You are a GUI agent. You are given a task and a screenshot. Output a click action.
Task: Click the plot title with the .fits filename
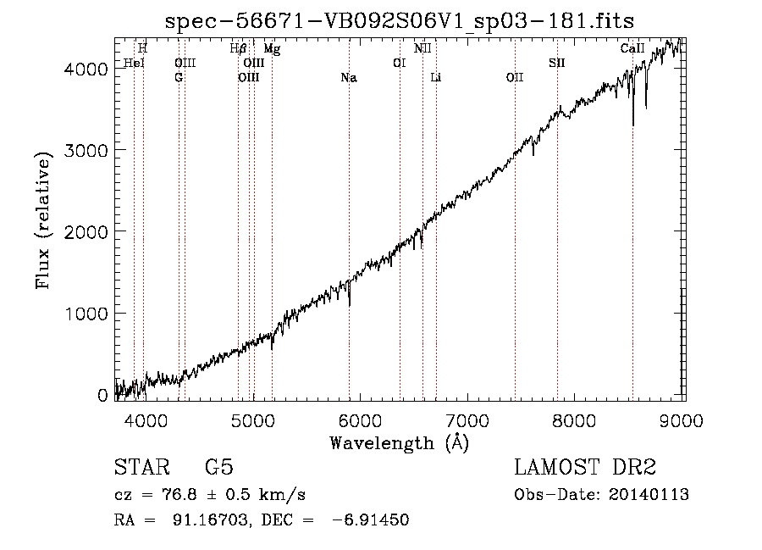tap(400, 21)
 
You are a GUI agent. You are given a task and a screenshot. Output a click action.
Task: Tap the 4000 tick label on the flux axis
tap(86, 69)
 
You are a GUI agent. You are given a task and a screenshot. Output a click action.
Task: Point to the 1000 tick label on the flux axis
tap(86, 314)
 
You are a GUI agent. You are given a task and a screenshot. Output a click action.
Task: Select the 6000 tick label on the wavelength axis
tap(360, 420)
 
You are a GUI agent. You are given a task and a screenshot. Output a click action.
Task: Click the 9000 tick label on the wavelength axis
tap(682, 420)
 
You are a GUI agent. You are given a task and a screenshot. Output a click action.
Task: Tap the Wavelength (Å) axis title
tap(400, 443)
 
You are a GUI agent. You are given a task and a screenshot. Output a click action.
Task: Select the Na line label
tap(349, 78)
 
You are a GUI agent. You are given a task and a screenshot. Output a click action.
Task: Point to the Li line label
tap(436, 77)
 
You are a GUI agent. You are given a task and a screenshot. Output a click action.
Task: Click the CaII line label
tap(632, 48)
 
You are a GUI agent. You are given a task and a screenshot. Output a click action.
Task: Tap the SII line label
tap(557, 63)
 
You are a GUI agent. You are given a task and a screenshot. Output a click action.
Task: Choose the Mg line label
tap(272, 49)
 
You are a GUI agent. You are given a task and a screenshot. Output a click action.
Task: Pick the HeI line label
tap(134, 63)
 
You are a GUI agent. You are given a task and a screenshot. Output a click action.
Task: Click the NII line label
tap(422, 48)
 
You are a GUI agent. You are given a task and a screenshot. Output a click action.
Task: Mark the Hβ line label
tap(238, 48)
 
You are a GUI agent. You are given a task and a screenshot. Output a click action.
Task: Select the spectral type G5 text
tap(219, 467)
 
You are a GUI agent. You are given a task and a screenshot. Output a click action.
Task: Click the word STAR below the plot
tap(142, 467)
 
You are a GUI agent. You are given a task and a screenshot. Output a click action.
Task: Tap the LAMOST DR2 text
tap(585, 467)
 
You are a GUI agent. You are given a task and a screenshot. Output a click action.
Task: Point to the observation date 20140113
tap(649, 495)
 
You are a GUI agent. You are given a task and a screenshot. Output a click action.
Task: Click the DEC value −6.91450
tap(370, 519)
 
